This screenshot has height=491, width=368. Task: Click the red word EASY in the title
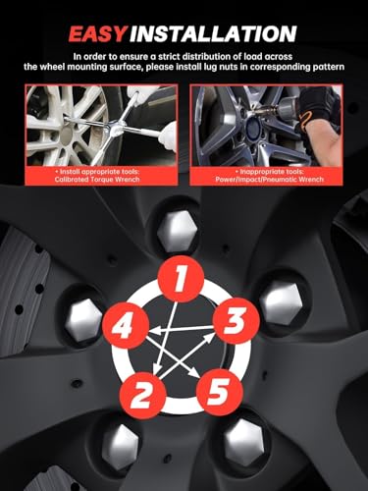[x=97, y=33]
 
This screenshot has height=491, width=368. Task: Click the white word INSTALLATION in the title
[x=213, y=33]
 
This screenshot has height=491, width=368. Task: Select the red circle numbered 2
[x=142, y=395]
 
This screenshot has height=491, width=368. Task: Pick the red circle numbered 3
[x=237, y=320]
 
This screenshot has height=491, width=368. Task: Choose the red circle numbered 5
[x=220, y=392]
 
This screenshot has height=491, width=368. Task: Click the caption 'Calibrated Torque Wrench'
[x=97, y=180]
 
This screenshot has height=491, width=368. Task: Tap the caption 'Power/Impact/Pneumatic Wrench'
[x=269, y=180]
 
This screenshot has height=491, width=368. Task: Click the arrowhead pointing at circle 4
[x=155, y=330]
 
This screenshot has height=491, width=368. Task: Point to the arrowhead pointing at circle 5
[x=193, y=372]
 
